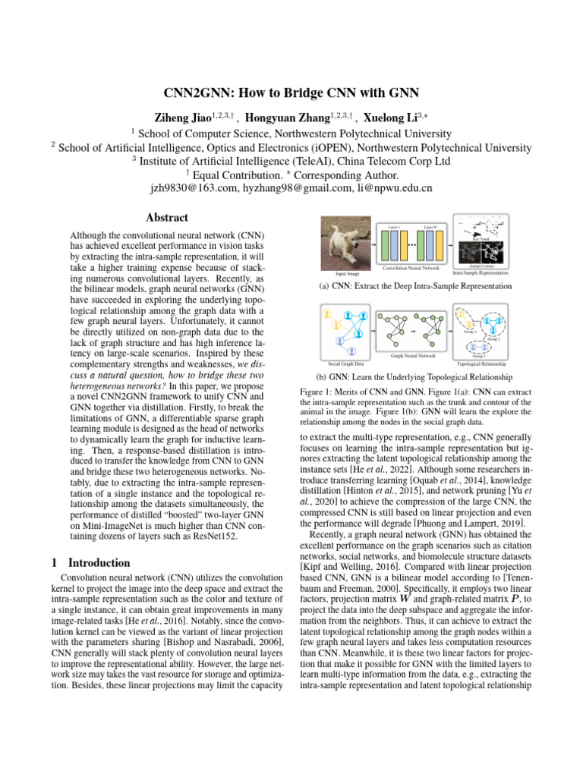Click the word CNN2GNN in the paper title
(x=200, y=93)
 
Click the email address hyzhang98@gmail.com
(x=294, y=187)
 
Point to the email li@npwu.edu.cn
(x=393, y=187)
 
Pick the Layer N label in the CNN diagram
(x=430, y=227)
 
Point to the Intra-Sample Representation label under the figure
(x=480, y=272)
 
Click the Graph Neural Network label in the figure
(x=412, y=355)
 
